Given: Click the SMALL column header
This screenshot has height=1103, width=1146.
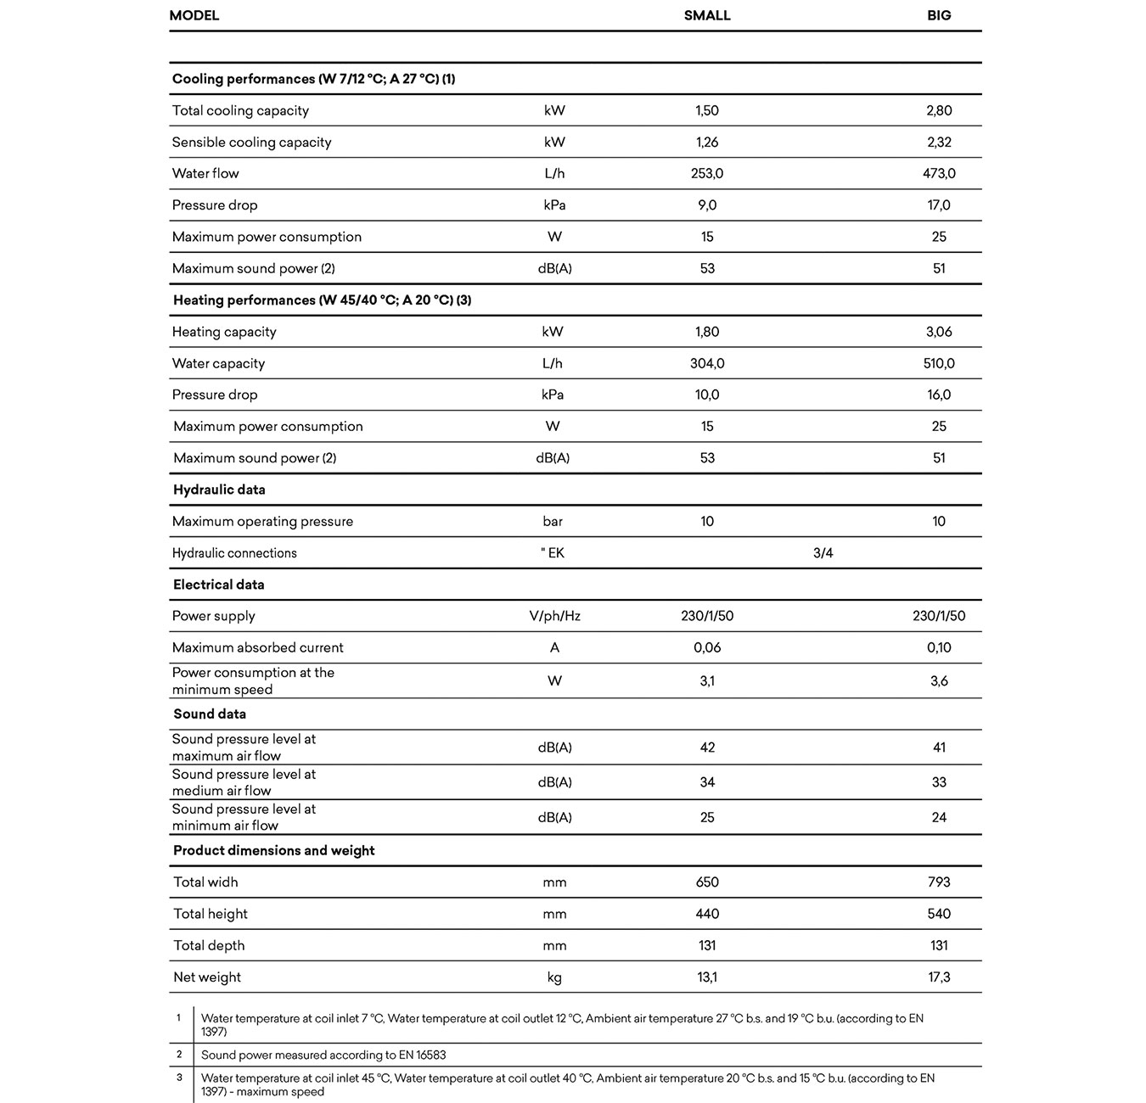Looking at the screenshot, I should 707,15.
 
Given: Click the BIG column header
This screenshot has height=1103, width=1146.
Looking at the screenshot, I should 939,15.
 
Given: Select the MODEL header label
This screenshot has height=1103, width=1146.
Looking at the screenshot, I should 194,15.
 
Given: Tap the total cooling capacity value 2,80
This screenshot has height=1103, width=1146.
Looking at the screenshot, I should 939,110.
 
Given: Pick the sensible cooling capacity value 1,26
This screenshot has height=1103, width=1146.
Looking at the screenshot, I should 707,142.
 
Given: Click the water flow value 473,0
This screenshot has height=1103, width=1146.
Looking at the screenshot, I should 939,173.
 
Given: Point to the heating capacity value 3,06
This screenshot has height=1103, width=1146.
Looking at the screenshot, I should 939,332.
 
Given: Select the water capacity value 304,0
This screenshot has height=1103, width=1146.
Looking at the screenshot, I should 707,363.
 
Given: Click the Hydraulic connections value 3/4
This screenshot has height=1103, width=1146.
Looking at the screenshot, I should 823,553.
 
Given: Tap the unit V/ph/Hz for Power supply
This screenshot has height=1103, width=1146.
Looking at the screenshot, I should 554,616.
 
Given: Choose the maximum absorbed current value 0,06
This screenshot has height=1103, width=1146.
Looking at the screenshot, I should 707,647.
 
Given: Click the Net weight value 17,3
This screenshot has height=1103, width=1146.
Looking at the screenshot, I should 939,977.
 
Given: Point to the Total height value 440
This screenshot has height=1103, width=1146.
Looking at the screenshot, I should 707,914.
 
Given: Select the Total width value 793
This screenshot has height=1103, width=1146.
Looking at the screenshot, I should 939,882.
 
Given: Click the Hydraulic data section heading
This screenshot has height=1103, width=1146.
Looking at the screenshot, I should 219,490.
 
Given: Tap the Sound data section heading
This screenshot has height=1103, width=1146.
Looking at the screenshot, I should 210,714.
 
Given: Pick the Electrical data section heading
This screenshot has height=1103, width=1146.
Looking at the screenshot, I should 219,585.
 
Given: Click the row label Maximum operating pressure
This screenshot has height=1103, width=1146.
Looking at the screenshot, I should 262,521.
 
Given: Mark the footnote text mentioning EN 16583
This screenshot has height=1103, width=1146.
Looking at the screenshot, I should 323,1055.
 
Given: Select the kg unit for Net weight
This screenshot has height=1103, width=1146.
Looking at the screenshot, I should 554,977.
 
